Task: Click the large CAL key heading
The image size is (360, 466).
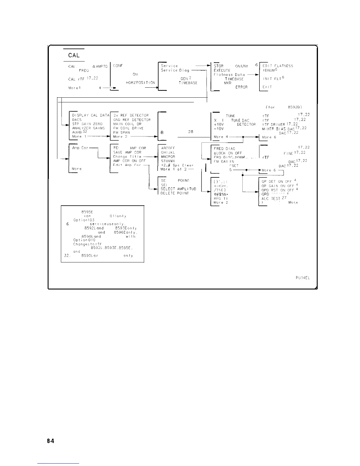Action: pyautogui.click(x=74, y=55)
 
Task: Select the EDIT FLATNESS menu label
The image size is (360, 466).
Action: pyautogui.click(x=278, y=66)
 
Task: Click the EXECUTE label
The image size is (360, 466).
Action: pyautogui.click(x=222, y=71)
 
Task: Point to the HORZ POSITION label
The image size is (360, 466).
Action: pyautogui.click(x=140, y=83)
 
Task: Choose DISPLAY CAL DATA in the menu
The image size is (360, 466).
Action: pyautogui.click(x=91, y=115)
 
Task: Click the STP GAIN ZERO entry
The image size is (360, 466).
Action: pyautogui.click(x=87, y=124)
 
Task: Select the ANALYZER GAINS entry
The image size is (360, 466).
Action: pyautogui.click(x=89, y=128)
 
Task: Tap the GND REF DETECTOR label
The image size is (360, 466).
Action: pyautogui.click(x=132, y=120)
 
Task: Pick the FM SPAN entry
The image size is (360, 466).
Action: pyautogui.click(x=121, y=132)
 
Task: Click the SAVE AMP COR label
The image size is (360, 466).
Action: pyautogui.click(x=127, y=152)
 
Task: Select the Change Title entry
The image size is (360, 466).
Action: pyautogui.click(x=127, y=157)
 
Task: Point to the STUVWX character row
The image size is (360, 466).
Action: pyautogui.click(x=168, y=161)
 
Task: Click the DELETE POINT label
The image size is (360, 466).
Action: pyautogui.click(x=175, y=193)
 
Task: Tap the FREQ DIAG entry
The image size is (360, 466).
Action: pyautogui.click(x=224, y=149)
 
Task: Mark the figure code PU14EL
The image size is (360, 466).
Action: pyautogui.click(x=303, y=277)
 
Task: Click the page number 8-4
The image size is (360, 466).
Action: pyautogui.click(x=51, y=441)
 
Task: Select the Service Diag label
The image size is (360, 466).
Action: pyautogui.click(x=175, y=70)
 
